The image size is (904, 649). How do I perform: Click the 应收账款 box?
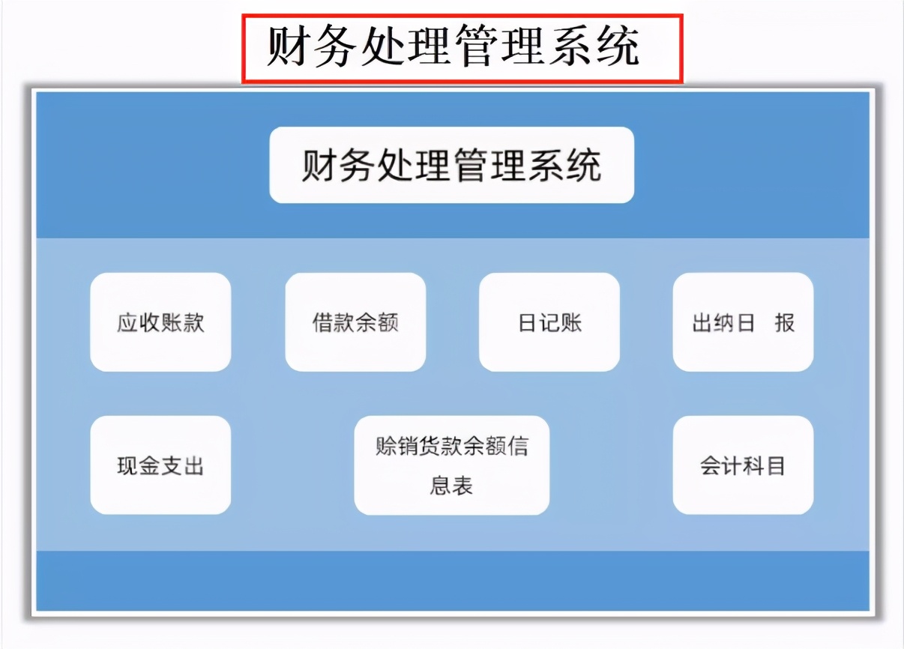point(160,322)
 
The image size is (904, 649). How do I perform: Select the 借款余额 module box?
point(355,322)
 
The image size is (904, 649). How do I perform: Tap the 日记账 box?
point(549,322)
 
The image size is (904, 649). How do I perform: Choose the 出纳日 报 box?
point(743,322)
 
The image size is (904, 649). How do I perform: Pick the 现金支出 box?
point(160,465)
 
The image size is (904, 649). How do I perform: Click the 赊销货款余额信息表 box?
point(451,465)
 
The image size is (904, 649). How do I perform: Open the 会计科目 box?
point(743,465)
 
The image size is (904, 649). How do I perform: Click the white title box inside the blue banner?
point(451,165)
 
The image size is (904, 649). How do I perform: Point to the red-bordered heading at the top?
point(461,47)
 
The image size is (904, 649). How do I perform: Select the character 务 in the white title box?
point(356,166)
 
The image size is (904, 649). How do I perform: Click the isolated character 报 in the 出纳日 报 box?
point(784,323)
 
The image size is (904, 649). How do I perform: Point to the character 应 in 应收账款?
point(127,323)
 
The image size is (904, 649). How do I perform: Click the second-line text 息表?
point(451,486)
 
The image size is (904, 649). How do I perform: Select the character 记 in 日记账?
point(549,323)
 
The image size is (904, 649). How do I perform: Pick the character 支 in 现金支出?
point(171,466)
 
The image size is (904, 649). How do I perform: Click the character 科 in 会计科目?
point(754,466)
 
